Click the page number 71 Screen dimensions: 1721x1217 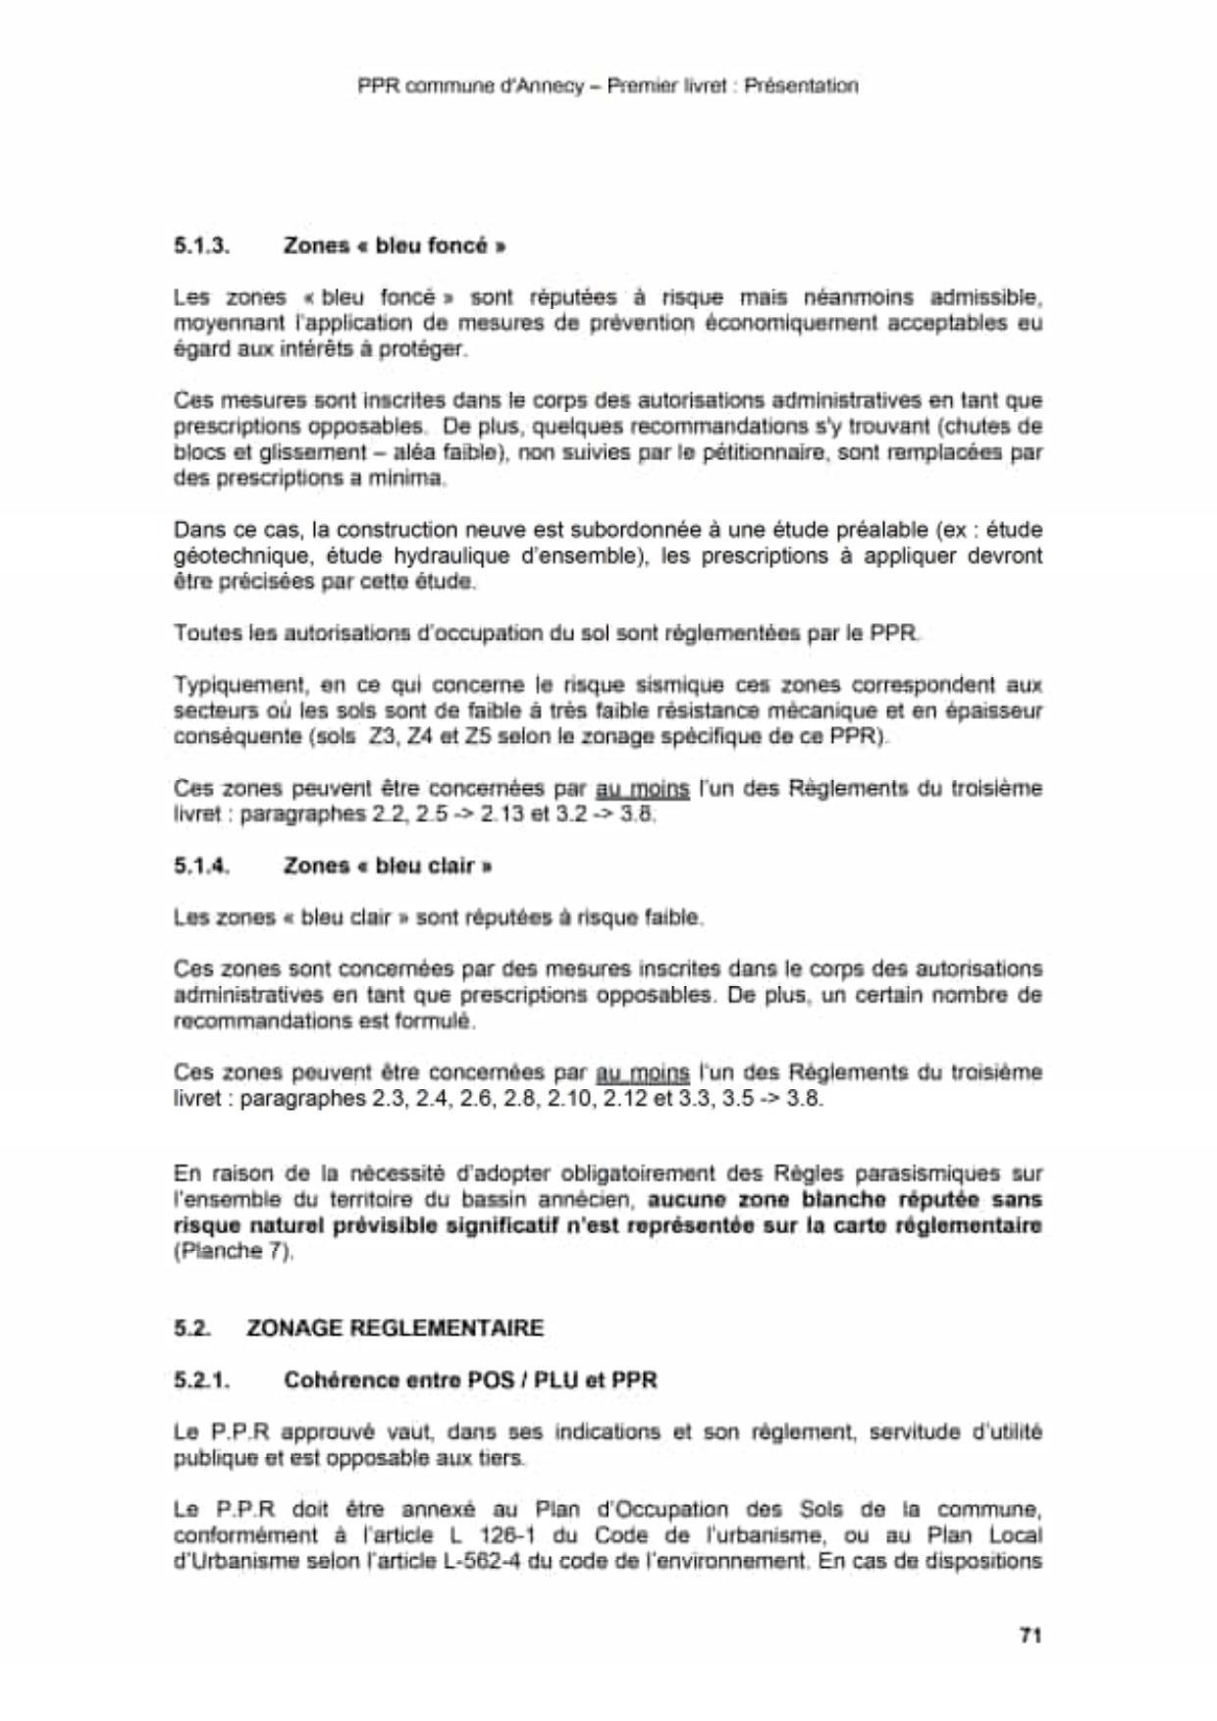[x=1030, y=1635]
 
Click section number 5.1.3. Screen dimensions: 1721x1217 [x=202, y=245]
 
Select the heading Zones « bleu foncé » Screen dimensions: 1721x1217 [x=395, y=245]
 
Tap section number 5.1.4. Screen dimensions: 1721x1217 [x=202, y=865]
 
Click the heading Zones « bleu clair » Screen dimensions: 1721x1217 [x=388, y=865]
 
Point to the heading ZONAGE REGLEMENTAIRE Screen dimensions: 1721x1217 [x=395, y=1328]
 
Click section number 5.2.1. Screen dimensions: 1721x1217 [x=202, y=1380]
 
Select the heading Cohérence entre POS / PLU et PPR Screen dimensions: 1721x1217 [x=470, y=1380]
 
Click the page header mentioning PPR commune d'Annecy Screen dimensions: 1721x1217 [x=608, y=85]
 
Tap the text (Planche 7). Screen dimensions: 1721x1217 [x=234, y=1251]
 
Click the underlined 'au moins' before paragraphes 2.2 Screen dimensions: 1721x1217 [x=643, y=789]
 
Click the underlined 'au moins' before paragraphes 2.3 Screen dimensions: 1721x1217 [x=643, y=1072]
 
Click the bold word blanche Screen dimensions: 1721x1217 [x=832, y=1199]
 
